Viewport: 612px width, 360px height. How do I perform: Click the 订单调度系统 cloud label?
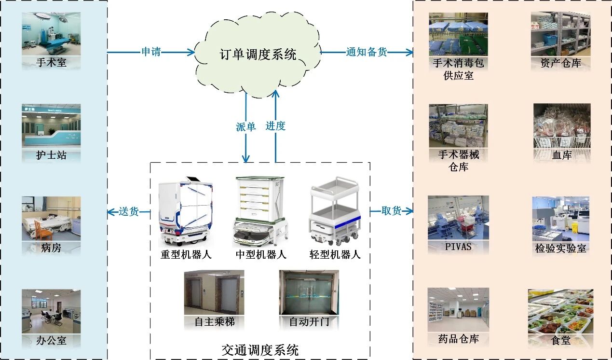point(258,54)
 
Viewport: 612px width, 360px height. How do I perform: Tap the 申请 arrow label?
point(151,52)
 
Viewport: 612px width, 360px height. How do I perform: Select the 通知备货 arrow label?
point(367,52)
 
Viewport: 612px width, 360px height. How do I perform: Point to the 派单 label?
point(246,126)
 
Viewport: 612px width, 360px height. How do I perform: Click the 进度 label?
point(275,126)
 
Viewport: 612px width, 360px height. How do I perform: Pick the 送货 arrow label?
point(129,211)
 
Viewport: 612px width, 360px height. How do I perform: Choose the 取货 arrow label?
point(391,211)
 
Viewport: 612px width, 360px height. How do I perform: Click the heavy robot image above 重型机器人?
point(186,210)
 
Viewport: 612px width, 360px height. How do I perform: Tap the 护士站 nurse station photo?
point(51,126)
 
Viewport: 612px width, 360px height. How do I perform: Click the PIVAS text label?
point(458,247)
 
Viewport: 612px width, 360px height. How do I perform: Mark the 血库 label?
point(561,155)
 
